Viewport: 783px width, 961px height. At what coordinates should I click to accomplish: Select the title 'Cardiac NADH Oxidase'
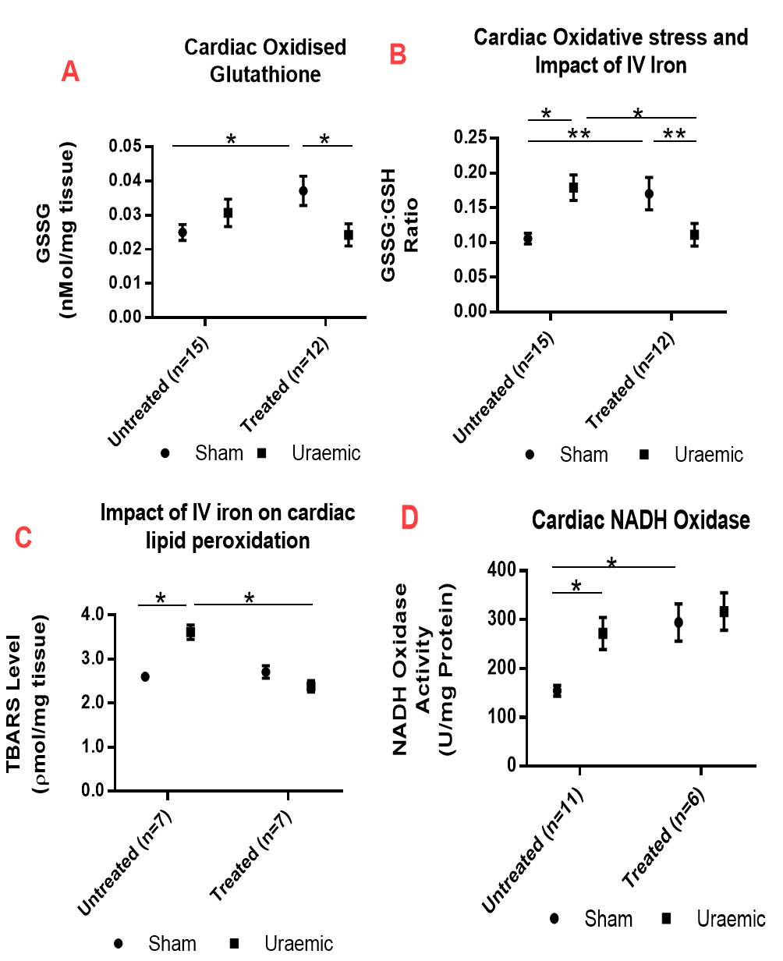(641, 520)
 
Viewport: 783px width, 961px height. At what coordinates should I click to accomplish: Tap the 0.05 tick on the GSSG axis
(125, 147)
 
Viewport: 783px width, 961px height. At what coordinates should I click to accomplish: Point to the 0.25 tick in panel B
(469, 138)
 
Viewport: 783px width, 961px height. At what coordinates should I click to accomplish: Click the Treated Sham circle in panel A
(303, 190)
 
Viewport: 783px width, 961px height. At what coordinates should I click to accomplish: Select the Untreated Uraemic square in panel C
(190, 632)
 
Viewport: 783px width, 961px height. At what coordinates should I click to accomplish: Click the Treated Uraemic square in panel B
(694, 235)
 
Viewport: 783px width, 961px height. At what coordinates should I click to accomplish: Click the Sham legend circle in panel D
(554, 919)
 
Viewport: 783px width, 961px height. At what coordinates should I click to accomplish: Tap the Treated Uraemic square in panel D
(724, 612)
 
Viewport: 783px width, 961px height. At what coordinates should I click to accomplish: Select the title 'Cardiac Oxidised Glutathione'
(265, 60)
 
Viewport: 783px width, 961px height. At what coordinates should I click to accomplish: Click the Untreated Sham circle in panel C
(145, 676)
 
